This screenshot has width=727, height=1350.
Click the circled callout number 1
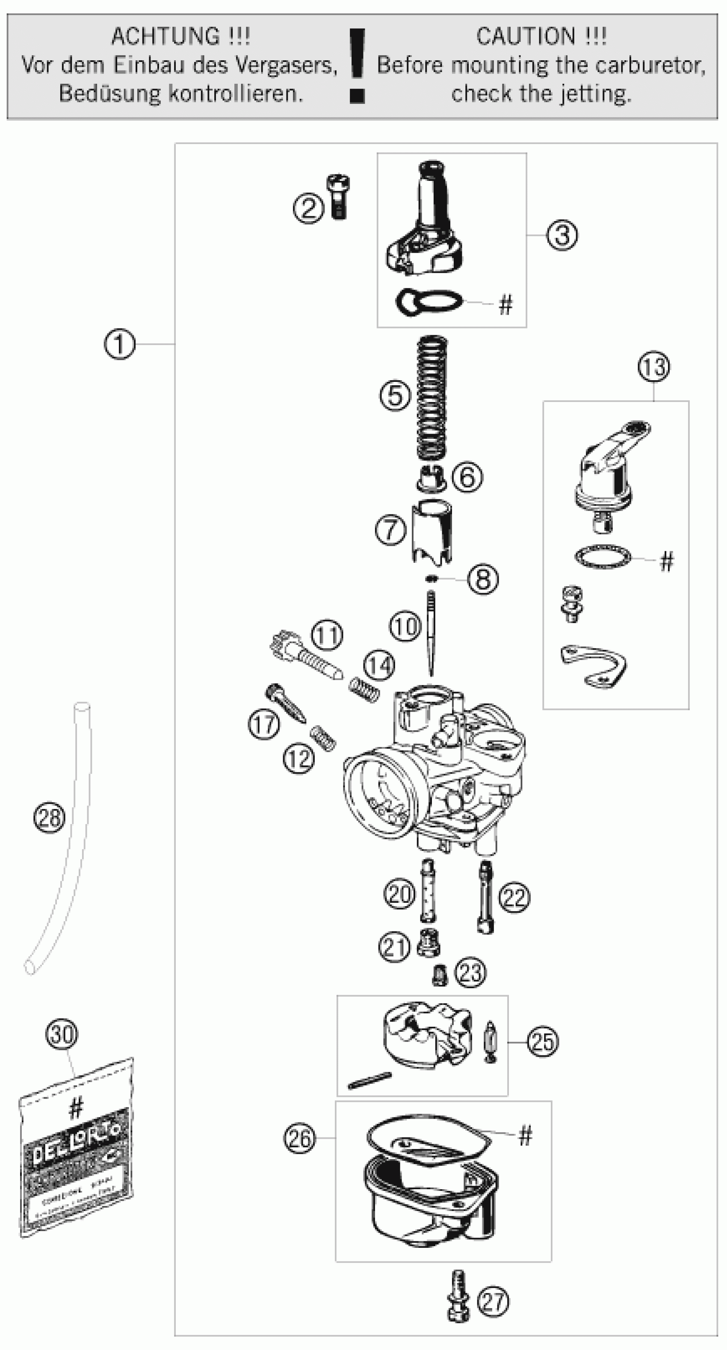coord(119,344)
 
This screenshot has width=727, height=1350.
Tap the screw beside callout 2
coord(339,197)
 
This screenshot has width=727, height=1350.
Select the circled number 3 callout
coord(562,235)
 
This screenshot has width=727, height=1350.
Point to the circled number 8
coord(482,579)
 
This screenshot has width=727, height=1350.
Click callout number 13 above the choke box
coord(653,367)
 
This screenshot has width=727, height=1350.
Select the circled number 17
coord(264,725)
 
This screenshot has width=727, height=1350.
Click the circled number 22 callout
coord(514,897)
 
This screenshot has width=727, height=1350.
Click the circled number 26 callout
coord(300,1138)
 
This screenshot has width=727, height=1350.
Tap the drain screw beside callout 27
coord(458,1302)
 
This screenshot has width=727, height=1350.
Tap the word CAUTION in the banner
coord(526,37)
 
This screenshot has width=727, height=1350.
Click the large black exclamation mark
coord(358,65)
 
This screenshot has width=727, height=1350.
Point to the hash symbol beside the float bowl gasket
coord(525,1135)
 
